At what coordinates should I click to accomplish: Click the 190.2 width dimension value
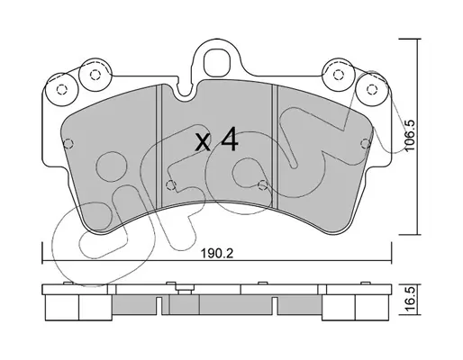[217, 254]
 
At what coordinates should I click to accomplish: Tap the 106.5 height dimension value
[409, 135]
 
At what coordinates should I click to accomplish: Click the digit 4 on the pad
[229, 139]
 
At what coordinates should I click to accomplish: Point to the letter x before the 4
[204, 143]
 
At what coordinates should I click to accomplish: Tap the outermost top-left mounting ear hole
[61, 89]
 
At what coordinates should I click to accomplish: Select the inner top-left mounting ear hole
[95, 75]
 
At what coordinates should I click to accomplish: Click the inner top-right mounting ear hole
[339, 75]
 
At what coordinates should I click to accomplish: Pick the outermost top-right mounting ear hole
[372, 89]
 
